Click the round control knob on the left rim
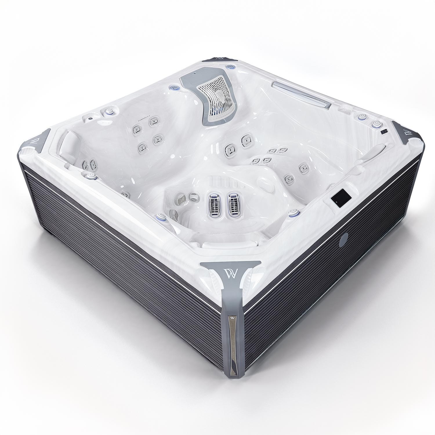[x=109, y=111]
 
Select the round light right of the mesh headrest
[x=230, y=67]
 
